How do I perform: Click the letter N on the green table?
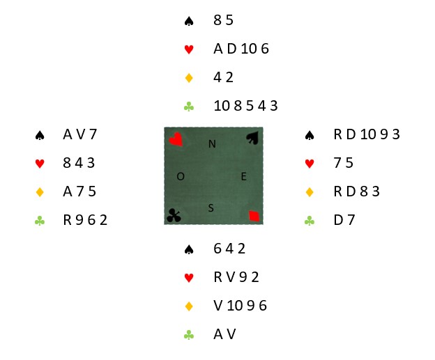coord(212,144)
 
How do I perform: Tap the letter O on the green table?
coord(181,176)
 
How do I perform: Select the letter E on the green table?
coord(244,177)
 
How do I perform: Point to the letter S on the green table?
coord(211,208)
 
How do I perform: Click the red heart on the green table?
coord(176,139)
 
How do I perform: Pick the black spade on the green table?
coord(253,138)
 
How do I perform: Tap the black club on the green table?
coord(174,216)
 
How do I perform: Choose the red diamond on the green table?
coord(254,216)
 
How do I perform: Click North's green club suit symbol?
coord(189,107)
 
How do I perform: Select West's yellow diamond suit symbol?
coord(40,191)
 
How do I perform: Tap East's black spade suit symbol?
coord(310,135)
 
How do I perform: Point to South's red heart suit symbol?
coord(189,278)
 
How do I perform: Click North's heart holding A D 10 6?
coord(241,49)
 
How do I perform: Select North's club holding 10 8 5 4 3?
coord(245,106)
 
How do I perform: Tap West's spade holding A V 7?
coord(80,134)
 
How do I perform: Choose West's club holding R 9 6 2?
coord(85,220)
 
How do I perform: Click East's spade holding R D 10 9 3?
coord(367,134)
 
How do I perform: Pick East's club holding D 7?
coord(344,220)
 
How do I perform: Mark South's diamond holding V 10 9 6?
coord(241,306)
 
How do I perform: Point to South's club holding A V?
coord(224,334)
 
